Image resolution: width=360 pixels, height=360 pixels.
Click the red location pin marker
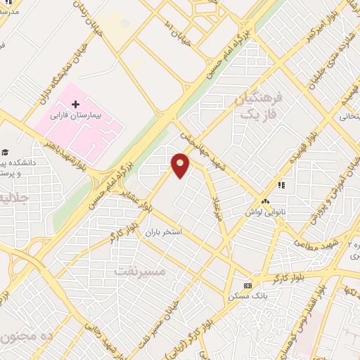pyautogui.click(x=181, y=165)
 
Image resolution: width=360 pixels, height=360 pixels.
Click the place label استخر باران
pyautogui.click(x=163, y=231)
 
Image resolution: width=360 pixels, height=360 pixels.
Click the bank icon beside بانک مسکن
pyautogui.click(x=247, y=285)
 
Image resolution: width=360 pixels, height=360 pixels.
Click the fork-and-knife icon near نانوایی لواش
pyautogui.click(x=281, y=185)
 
